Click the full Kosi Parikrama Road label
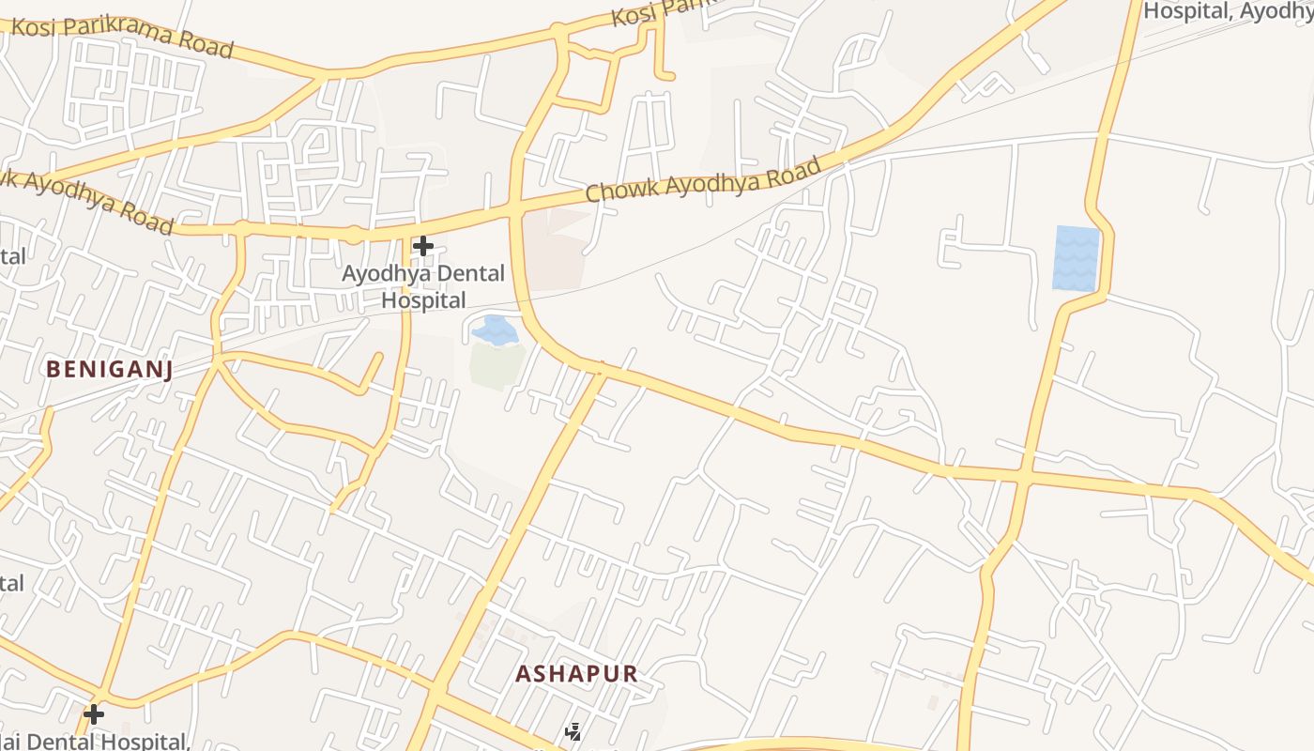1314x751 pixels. (122, 36)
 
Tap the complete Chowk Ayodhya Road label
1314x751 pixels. (703, 179)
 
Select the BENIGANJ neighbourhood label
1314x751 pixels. (109, 370)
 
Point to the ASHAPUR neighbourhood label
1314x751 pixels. (576, 673)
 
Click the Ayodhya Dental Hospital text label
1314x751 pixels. (422, 287)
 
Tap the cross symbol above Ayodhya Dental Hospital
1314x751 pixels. (423, 247)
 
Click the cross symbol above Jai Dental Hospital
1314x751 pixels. (93, 714)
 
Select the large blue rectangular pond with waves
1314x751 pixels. (1076, 257)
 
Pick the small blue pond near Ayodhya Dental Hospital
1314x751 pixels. (495, 330)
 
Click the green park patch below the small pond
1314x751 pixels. (497, 364)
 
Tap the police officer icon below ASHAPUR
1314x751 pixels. (573, 732)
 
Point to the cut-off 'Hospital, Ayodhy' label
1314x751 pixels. (1228, 11)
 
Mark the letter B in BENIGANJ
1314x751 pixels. (53, 370)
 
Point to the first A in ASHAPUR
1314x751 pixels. (523, 673)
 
